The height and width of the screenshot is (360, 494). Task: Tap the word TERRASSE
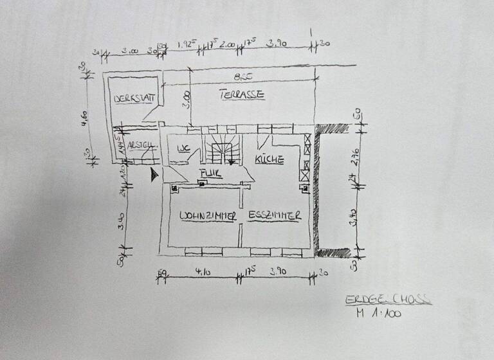click(x=241, y=94)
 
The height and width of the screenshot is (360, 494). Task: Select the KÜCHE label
click(x=270, y=159)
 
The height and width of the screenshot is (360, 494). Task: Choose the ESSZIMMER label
click(x=275, y=216)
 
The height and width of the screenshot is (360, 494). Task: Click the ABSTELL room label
click(x=142, y=145)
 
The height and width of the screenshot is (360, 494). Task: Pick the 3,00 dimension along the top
click(x=130, y=50)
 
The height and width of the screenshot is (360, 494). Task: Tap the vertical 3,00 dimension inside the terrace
click(x=186, y=101)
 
